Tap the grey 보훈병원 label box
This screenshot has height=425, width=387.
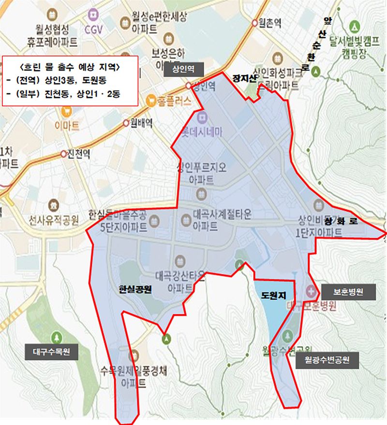tap(348, 292)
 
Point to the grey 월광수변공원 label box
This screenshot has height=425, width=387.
tap(327, 360)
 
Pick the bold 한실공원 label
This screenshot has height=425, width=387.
tap(135, 290)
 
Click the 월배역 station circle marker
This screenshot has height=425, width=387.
tap(127, 123)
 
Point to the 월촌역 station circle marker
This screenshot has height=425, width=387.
tap(255, 22)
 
